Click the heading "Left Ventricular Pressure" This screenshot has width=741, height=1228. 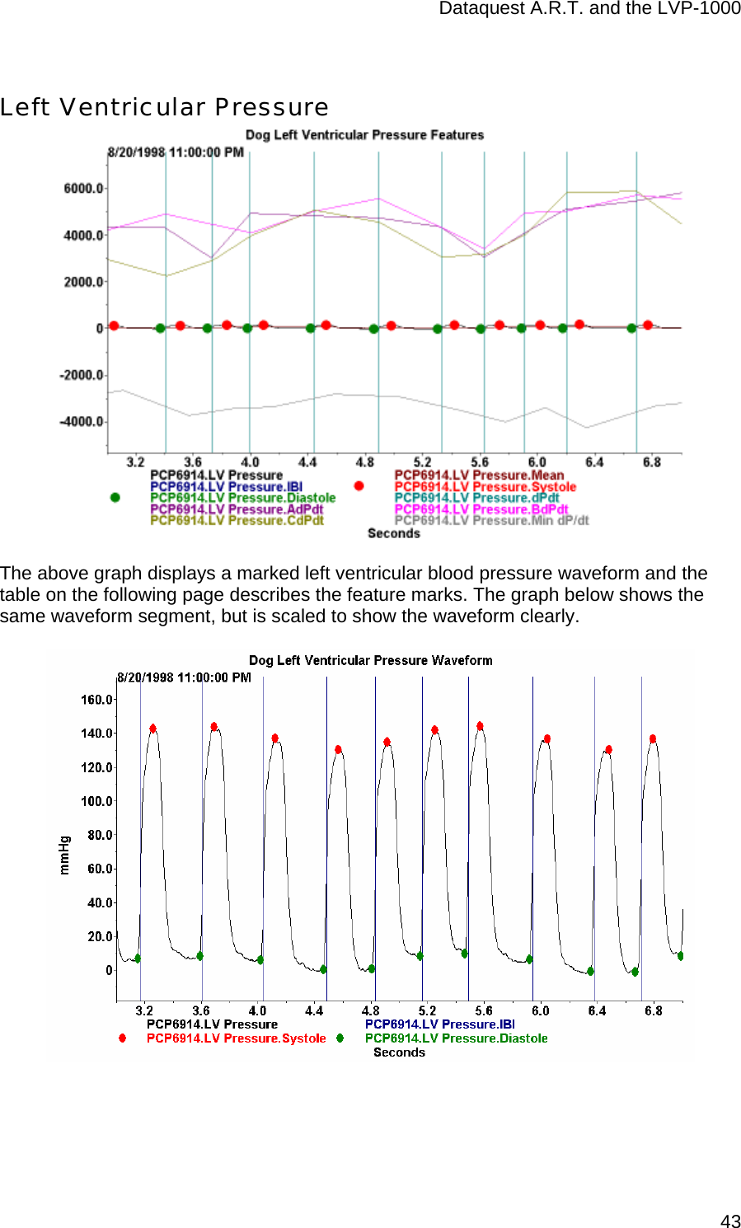[164, 107]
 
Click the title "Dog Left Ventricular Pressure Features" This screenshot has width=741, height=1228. [364, 134]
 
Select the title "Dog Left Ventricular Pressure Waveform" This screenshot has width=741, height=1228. [370, 660]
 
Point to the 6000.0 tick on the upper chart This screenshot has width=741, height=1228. [83, 189]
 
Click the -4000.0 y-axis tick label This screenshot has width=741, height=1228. [81, 422]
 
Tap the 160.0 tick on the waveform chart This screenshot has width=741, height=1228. [96, 700]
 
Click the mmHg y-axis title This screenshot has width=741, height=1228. [64, 855]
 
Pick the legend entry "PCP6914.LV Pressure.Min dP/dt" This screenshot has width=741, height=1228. [491, 520]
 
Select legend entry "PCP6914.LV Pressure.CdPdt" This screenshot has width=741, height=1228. [237, 520]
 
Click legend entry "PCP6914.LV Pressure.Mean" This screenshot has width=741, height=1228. [479, 476]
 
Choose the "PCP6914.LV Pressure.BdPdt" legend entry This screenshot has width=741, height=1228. [481, 509]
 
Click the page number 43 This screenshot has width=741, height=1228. [729, 1221]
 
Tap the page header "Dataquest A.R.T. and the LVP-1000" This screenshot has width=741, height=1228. [589, 8]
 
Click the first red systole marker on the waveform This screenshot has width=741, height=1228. [152, 729]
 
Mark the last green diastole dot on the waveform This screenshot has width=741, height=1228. [680, 956]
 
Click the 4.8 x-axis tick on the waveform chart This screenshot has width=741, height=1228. [371, 1010]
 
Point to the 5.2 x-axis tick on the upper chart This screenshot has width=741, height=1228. [422, 462]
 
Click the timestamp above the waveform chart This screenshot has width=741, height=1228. [184, 677]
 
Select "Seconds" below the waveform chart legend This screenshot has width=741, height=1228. [399, 1052]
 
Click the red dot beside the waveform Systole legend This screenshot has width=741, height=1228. [122, 1038]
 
